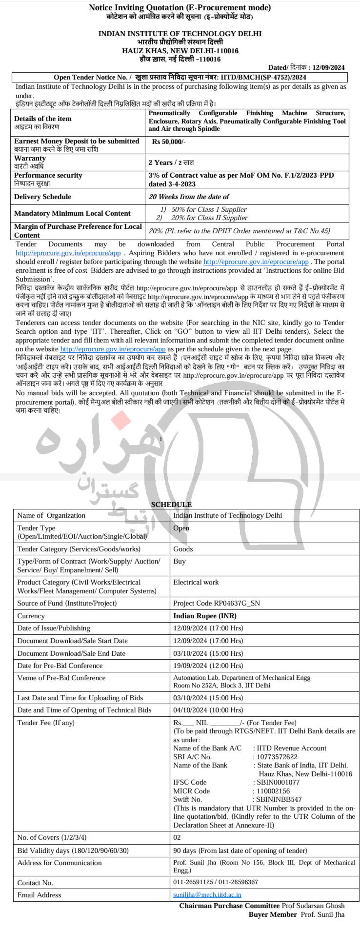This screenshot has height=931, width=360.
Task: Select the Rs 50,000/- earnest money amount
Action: [168, 141]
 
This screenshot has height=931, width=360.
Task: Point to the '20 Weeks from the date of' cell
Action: [189, 197]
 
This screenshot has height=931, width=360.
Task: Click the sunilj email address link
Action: [207, 895]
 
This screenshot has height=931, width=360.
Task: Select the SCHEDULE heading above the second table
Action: [171, 505]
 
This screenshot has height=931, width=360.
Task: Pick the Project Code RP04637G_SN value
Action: [217, 603]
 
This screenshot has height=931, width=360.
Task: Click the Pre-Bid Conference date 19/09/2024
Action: [208, 666]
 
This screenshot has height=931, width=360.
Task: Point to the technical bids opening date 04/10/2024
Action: [208, 710]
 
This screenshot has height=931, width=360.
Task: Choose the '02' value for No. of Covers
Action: [177, 837]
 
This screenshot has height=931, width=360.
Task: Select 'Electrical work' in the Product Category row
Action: [196, 582]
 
